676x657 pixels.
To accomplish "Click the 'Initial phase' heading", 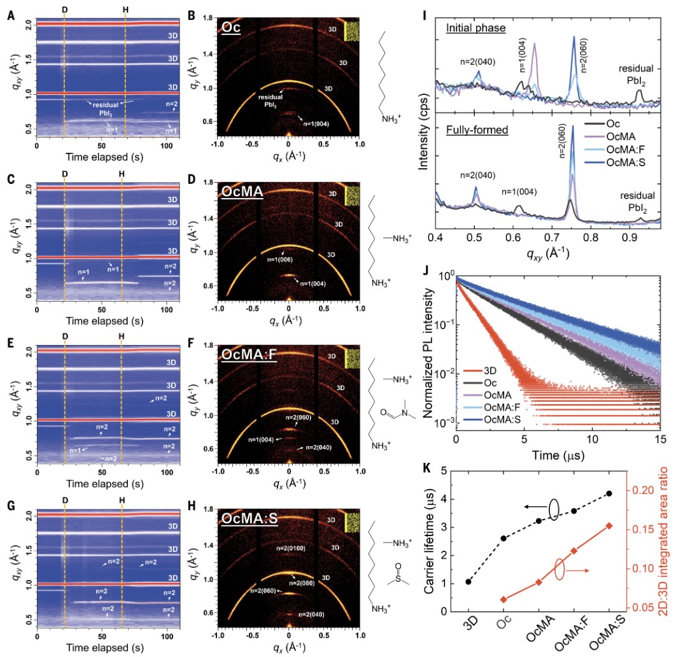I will tap(472, 29).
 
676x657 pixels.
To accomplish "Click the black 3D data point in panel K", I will tap(468, 581).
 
